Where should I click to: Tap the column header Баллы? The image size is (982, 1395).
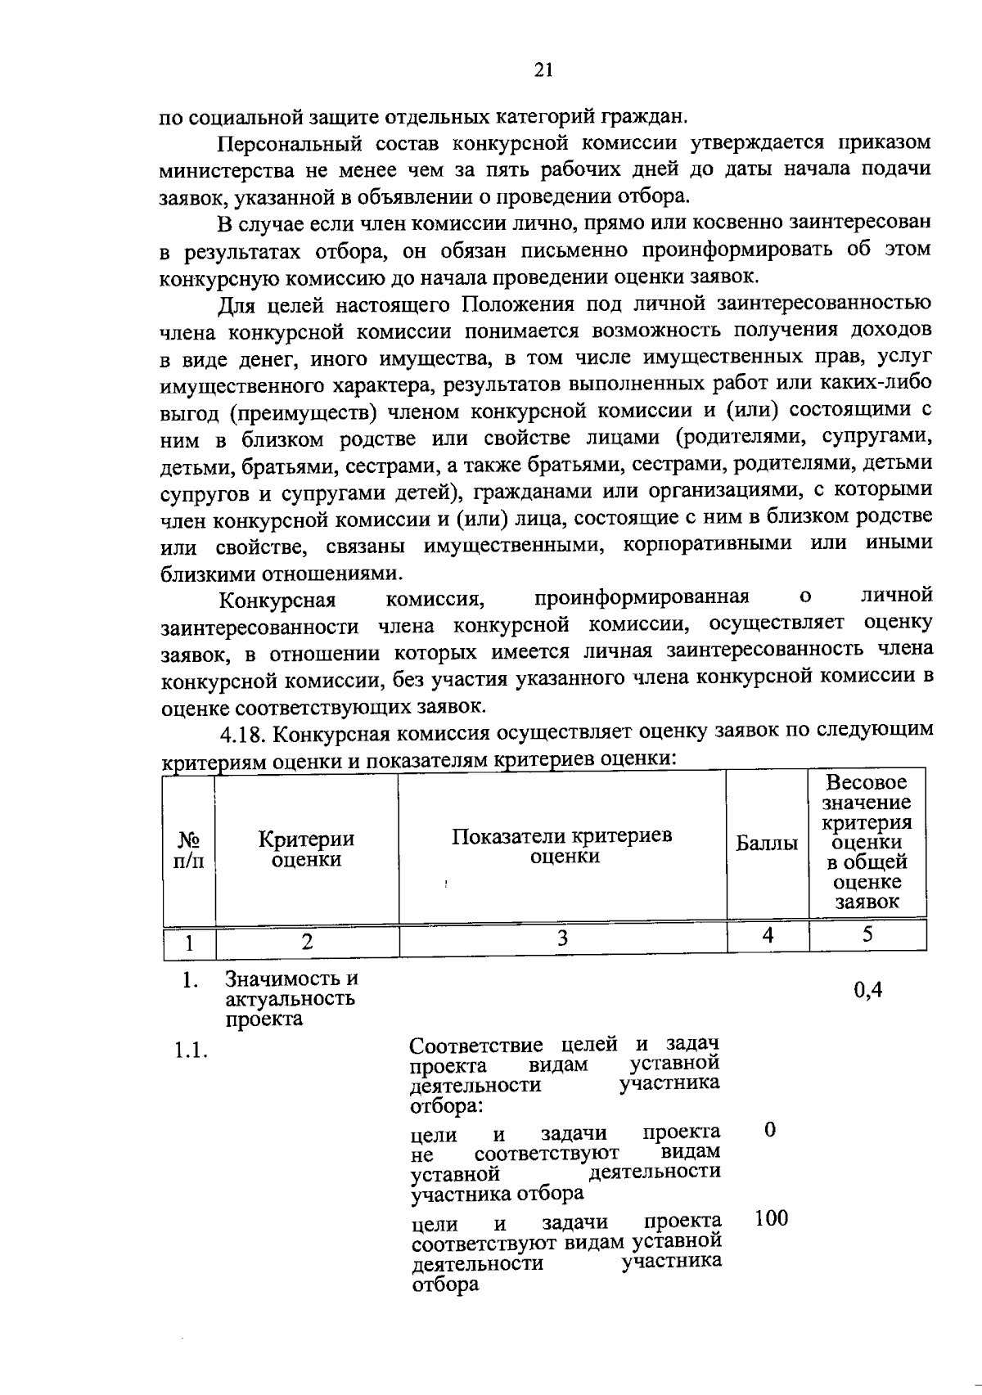pos(767,844)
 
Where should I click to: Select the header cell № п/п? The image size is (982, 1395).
pos(189,850)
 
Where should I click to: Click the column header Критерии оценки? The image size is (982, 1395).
pos(306,848)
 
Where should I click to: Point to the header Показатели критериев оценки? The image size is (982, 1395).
pos(562,846)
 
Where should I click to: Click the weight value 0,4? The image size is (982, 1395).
pos(867,990)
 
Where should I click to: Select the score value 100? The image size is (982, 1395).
pos(771,1218)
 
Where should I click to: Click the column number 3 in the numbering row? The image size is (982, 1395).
pos(562,938)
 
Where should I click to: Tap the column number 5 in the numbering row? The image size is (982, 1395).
pos(867,934)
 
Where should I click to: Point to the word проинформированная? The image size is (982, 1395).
pos(642,597)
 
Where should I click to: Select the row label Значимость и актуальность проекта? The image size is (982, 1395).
pos(291,998)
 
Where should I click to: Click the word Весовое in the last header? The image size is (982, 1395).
pos(867,782)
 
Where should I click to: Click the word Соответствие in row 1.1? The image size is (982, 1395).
pos(475,1046)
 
